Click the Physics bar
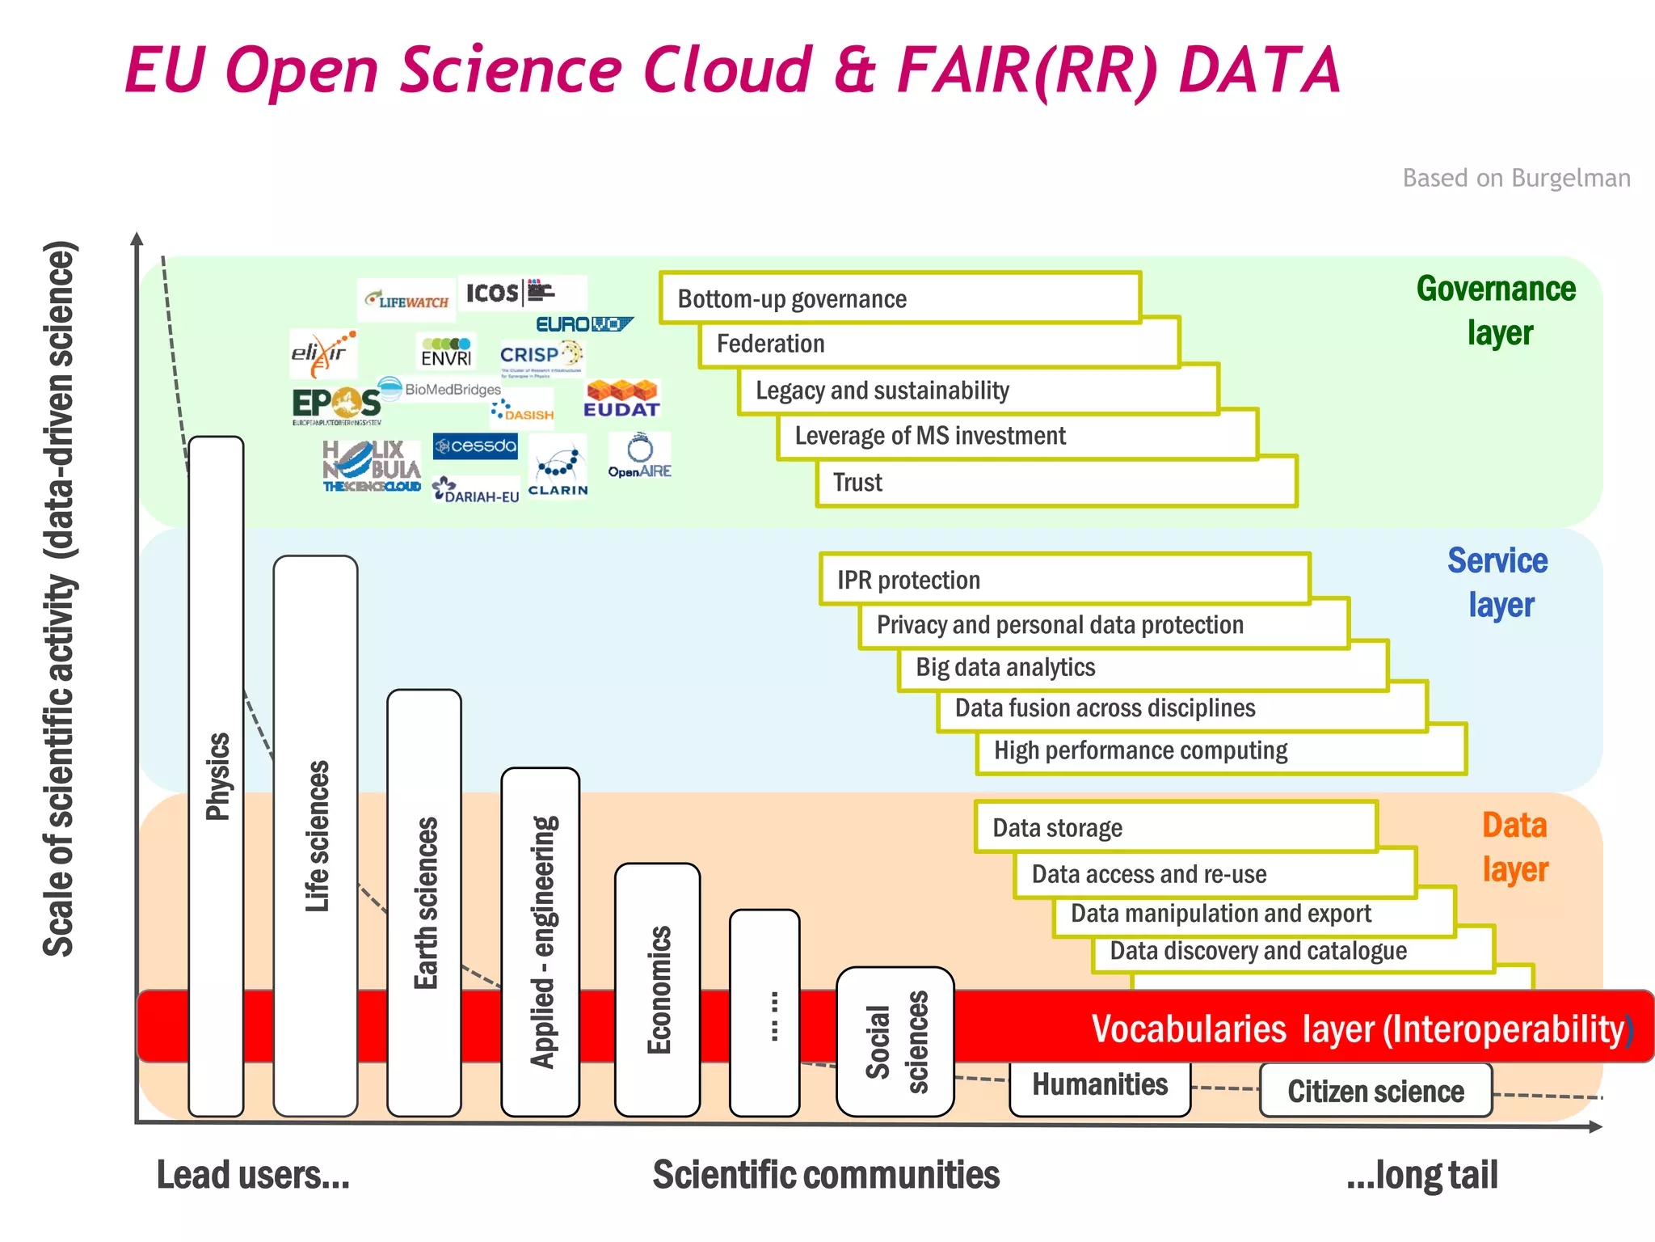click(216, 776)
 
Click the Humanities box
click(1100, 1087)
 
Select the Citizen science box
click(1375, 1091)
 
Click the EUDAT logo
click(621, 399)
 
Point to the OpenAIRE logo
click(639, 457)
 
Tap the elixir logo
click(322, 353)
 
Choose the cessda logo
click(475, 446)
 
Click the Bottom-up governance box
click(899, 298)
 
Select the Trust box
click(1055, 483)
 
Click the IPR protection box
click(1064, 580)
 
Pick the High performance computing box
click(1220, 751)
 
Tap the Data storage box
click(1175, 828)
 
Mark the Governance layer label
click(1497, 310)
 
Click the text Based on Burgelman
click(1516, 178)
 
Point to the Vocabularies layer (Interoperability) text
click(1359, 1029)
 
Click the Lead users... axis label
click(253, 1175)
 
